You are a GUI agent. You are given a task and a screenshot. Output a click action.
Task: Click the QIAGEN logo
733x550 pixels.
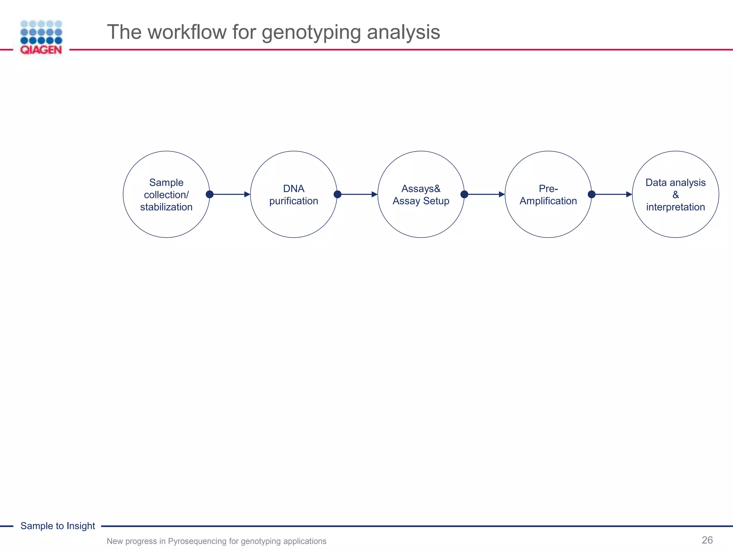pos(41,38)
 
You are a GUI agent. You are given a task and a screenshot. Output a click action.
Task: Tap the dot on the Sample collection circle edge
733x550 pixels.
pos(210,194)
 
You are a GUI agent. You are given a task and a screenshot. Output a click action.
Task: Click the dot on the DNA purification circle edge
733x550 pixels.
pos(338,194)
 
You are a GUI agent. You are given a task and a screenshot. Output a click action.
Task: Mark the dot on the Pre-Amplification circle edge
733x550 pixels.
pos(592,194)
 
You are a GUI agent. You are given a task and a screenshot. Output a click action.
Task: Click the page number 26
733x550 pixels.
pos(707,540)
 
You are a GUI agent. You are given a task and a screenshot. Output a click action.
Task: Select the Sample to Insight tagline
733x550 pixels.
pos(58,526)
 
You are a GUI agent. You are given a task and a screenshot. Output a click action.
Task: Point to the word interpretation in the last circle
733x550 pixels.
pos(675,207)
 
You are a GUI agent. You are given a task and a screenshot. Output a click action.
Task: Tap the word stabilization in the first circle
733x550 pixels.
pos(166,207)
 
